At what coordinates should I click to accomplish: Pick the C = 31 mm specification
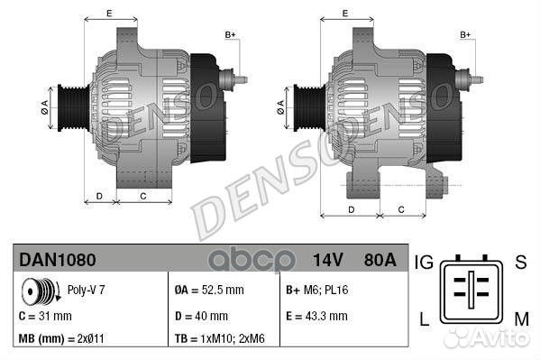click(x=45, y=317)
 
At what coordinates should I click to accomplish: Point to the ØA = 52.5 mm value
click(x=208, y=291)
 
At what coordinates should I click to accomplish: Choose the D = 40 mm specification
click(x=200, y=317)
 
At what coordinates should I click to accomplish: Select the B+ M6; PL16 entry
click(x=317, y=291)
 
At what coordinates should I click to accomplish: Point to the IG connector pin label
click(x=426, y=263)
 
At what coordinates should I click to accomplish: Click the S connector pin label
click(x=520, y=263)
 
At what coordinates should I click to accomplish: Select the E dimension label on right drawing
click(x=346, y=14)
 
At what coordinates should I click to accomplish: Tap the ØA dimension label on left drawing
click(x=42, y=107)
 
